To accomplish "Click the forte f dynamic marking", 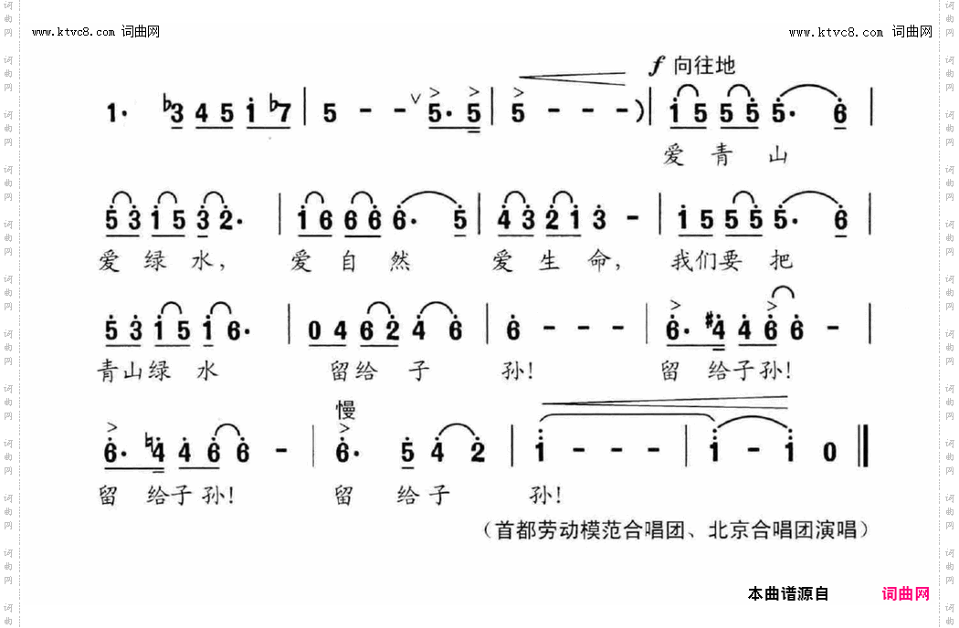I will pyautogui.click(x=655, y=65).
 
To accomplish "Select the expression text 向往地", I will pyautogui.click(x=704, y=65).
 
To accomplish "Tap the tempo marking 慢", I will pyautogui.click(x=344, y=409).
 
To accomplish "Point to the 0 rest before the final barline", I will pyautogui.click(x=829, y=452).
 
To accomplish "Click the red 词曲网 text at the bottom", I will pyautogui.click(x=905, y=593).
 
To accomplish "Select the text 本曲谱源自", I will pyautogui.click(x=788, y=593).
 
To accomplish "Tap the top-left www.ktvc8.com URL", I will pyautogui.click(x=74, y=32).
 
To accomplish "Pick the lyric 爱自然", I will pyautogui.click(x=350, y=261).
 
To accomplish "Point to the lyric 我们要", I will pyautogui.click(x=709, y=261).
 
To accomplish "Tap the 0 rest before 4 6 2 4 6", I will pyautogui.click(x=313, y=332).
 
